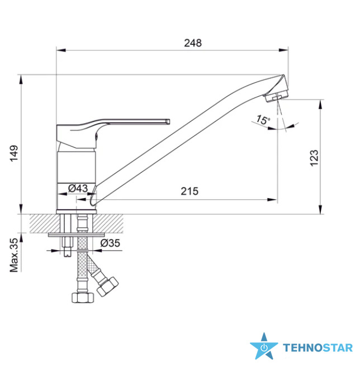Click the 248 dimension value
pos(193,43)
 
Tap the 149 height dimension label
pos(14,153)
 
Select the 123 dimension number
pos(314,158)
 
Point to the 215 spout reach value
pos(190,191)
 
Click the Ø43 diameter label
pos(78,189)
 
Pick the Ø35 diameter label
pos(110,243)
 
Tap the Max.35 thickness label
pos(14,255)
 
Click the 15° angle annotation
pos(263,120)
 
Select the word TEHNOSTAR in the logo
pos(318,348)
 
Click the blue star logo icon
pos(264,346)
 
